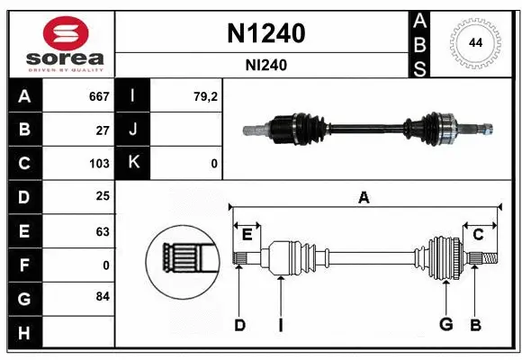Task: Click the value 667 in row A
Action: pyautogui.click(x=99, y=95)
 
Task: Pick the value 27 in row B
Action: pyautogui.click(x=103, y=130)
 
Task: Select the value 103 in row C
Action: pyautogui.click(x=99, y=163)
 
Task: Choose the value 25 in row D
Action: pyautogui.click(x=103, y=197)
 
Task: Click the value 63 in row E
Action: pyautogui.click(x=103, y=230)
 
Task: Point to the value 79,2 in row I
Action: pyautogui.click(x=206, y=95)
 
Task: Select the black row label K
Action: pyautogui.click(x=134, y=163)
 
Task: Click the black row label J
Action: pyautogui.click(x=134, y=130)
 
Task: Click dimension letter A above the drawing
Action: pyautogui.click(x=364, y=197)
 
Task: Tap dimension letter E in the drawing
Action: pyautogui.click(x=247, y=234)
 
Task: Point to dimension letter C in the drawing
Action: pyautogui.click(x=479, y=234)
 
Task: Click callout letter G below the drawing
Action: pyautogui.click(x=445, y=325)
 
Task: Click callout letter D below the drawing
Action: pyautogui.click(x=239, y=325)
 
